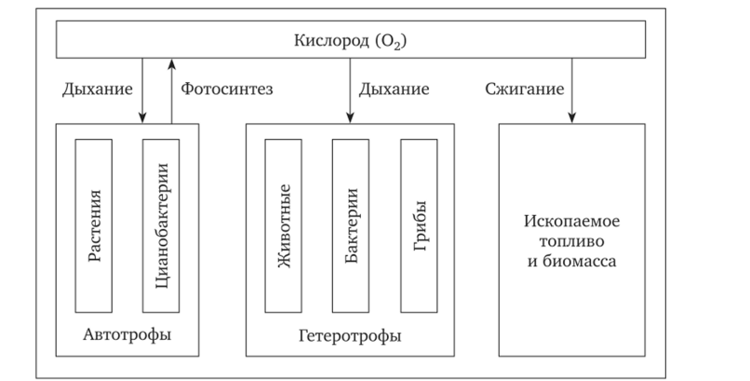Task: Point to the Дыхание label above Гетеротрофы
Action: [395, 90]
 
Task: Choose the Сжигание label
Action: [525, 90]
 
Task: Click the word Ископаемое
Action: [571, 224]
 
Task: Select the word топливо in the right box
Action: [571, 243]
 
